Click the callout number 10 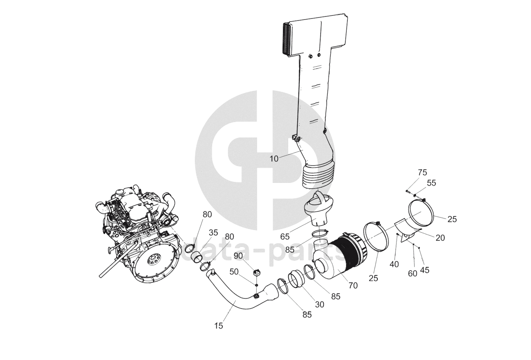[x=274, y=159]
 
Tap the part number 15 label [x=219, y=325]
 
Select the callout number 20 [x=440, y=238]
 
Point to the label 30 [x=320, y=304]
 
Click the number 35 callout [x=213, y=233]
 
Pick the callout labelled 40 [x=394, y=264]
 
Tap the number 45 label [x=424, y=270]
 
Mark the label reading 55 [x=431, y=183]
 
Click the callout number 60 [x=412, y=273]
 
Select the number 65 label [x=285, y=236]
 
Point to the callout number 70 [x=353, y=285]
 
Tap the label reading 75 [x=422, y=173]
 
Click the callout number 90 [x=238, y=256]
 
